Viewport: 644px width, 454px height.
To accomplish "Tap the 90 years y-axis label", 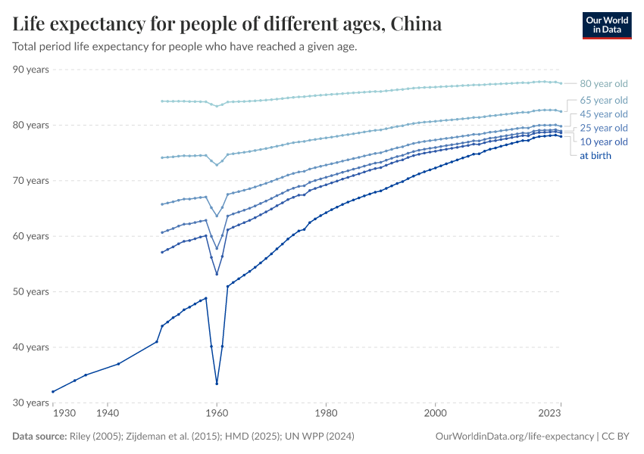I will point(30,70).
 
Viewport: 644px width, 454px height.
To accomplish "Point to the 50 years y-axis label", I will point(30,291).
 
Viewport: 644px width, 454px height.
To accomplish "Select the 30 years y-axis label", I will point(30,403).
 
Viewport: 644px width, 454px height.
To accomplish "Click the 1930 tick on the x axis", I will point(64,414).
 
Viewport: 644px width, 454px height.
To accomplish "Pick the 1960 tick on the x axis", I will point(217,414).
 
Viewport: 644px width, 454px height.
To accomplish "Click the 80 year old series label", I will point(603,84).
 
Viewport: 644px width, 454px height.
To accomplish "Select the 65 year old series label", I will point(603,100).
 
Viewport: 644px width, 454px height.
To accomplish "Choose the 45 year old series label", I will point(603,114).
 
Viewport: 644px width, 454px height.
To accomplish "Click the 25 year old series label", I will point(603,128).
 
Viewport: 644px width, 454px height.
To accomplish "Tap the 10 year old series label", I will point(603,141).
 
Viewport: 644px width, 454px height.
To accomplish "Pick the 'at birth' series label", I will point(595,156).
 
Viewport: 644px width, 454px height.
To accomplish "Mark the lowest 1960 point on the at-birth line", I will point(217,383).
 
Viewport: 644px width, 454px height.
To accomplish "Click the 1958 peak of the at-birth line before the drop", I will point(206,298).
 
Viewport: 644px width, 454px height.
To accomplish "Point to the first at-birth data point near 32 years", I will point(52,391).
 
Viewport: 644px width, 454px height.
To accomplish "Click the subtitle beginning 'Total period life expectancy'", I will point(185,46).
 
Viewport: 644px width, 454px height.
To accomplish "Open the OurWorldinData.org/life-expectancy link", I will point(515,437).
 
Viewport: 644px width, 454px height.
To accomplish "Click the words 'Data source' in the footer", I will point(39,437).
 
